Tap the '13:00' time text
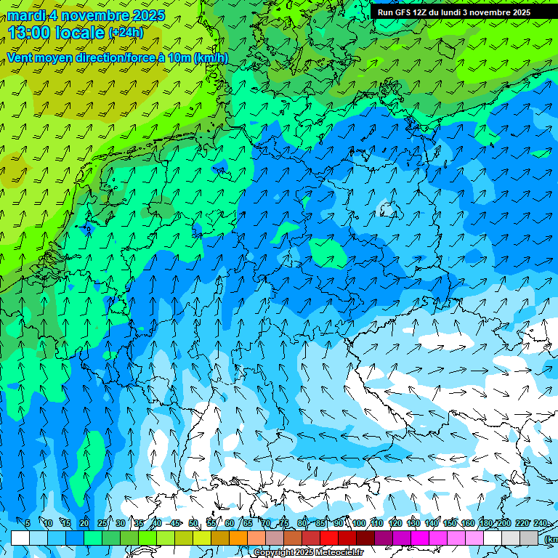[x=30, y=32]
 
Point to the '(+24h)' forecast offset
[x=126, y=33]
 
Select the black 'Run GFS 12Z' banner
[x=462, y=12]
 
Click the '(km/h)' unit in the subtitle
[x=211, y=58]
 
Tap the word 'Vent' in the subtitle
[x=20, y=58]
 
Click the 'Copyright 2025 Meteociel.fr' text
[x=308, y=553]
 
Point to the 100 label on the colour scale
[x=359, y=523]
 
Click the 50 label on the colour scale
[x=193, y=523]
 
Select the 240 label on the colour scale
[x=540, y=523]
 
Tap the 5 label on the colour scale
[x=28, y=523]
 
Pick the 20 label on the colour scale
[x=84, y=523]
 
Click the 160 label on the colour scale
[x=469, y=523]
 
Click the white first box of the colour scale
[x=20, y=538]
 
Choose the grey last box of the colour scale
[x=529, y=538]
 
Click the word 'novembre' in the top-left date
[x=92, y=15]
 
